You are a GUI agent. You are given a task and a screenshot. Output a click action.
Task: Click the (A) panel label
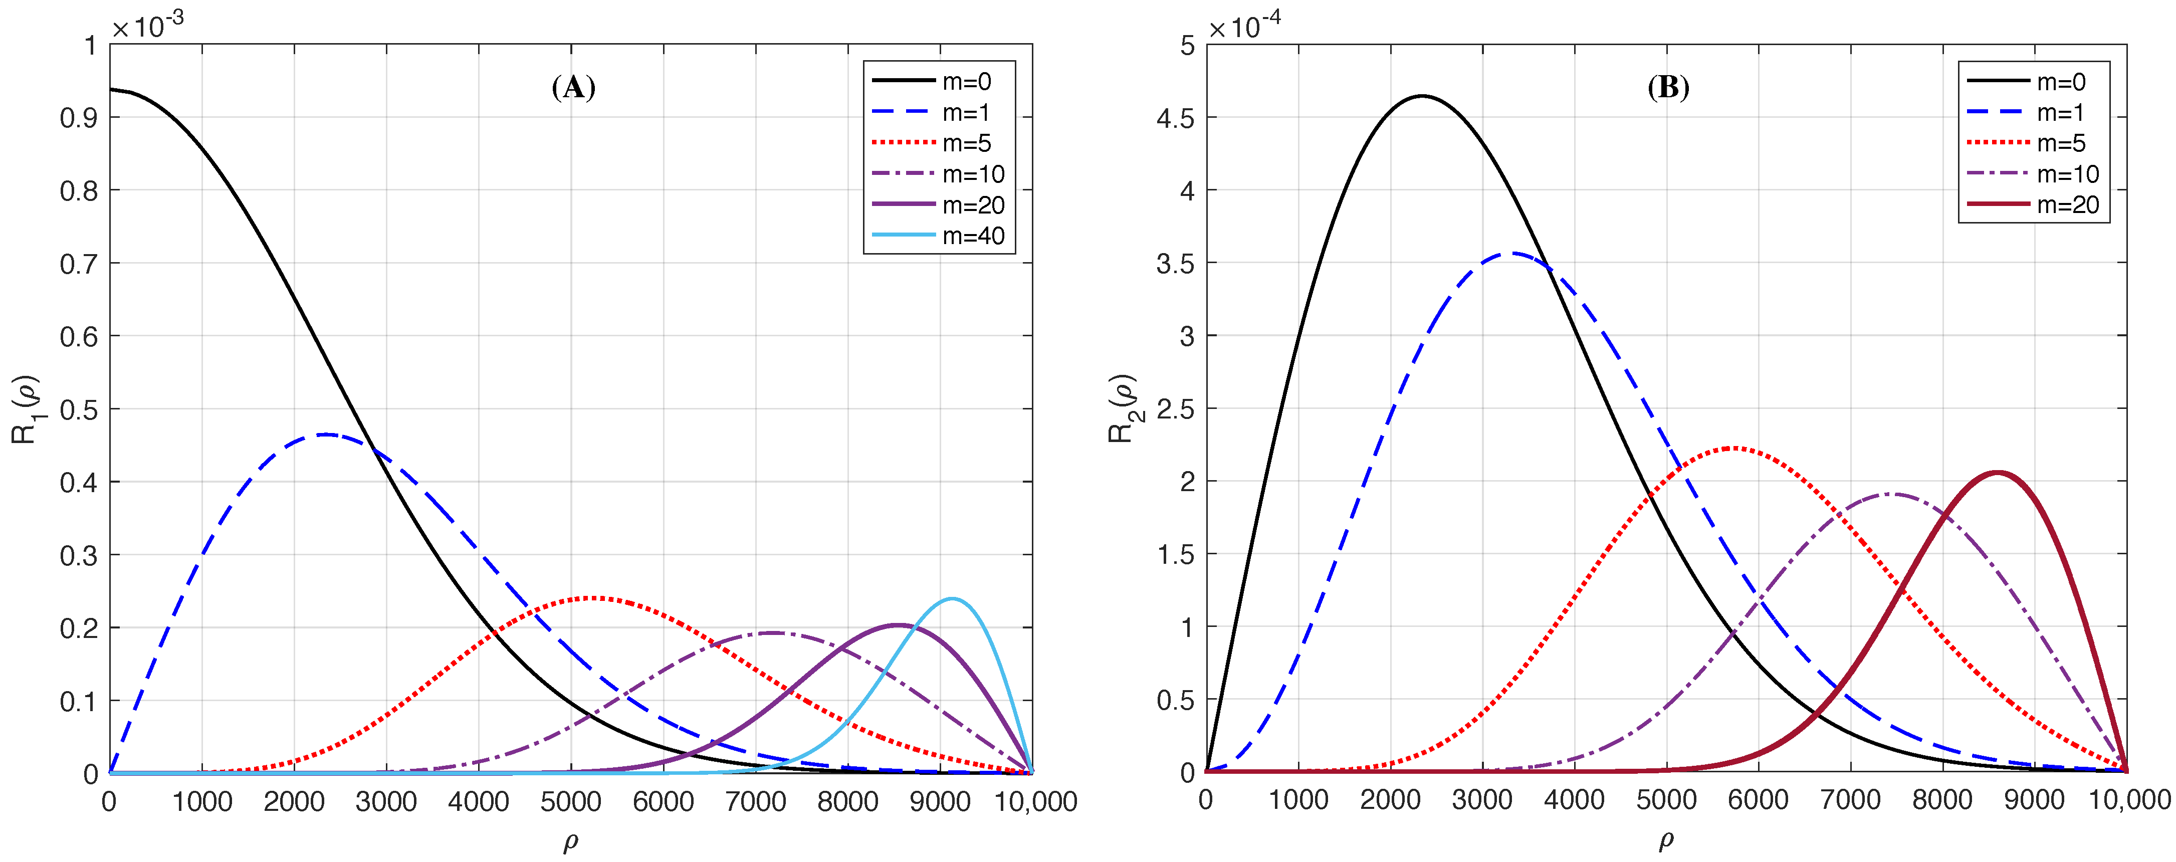(x=573, y=87)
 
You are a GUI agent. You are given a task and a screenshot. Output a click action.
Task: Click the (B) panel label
(x=1668, y=87)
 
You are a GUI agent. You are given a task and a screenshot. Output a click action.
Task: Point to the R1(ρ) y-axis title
(x=26, y=409)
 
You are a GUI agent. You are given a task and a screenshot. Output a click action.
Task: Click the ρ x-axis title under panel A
(x=571, y=841)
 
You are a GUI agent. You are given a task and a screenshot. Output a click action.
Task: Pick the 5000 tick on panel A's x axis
(x=571, y=801)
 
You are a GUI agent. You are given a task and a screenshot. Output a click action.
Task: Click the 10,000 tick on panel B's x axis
(x=2129, y=799)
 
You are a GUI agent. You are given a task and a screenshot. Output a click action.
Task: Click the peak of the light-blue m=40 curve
(x=953, y=598)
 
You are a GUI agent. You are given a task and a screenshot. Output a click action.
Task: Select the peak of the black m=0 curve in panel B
(x=1422, y=96)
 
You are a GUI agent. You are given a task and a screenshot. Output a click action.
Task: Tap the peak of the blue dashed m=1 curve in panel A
(x=326, y=435)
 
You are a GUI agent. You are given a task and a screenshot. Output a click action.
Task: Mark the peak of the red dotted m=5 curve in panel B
(x=1733, y=448)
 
